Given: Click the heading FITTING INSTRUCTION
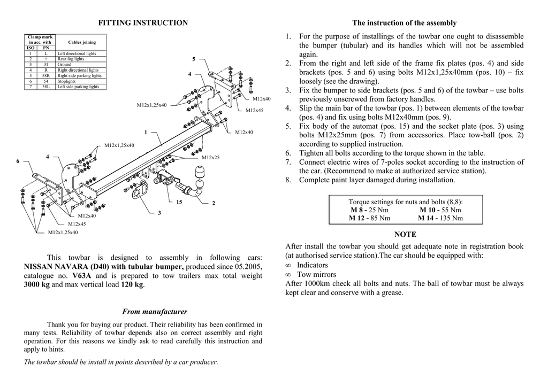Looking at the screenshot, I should tap(143, 22).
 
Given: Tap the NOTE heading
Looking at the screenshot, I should tap(405, 235).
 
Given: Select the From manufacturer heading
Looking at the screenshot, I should tap(155, 312).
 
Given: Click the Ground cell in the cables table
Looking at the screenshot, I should tap(64, 65).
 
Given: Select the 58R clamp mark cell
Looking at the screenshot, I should tap(46, 76).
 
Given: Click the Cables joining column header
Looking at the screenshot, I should tap(82, 42).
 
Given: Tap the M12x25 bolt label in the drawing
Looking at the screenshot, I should tap(210, 157).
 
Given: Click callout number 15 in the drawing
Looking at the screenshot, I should tap(179, 202).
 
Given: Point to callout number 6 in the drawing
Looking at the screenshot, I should tap(18, 161).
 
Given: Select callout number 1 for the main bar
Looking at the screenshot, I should tap(146, 132).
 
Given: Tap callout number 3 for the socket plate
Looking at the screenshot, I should tap(159, 213).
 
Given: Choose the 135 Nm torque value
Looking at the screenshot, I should tap(451, 218).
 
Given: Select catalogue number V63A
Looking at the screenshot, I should tap(81, 276).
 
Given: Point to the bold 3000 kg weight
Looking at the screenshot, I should tap(37, 285).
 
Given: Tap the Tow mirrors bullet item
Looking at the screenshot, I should tap(317, 274).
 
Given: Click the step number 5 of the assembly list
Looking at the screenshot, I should tap(288, 126).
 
